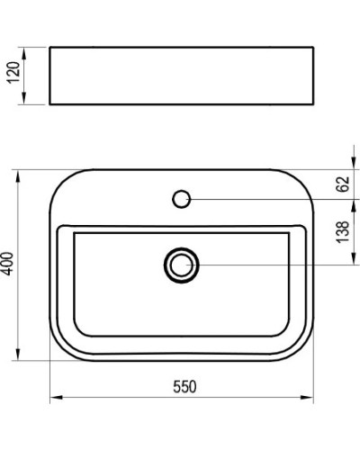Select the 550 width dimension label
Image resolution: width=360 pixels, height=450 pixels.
[x=184, y=387]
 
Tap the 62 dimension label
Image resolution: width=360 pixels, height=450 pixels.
[x=342, y=184]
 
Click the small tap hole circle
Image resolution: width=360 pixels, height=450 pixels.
[x=181, y=198]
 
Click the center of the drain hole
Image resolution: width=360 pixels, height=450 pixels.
[x=181, y=265]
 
